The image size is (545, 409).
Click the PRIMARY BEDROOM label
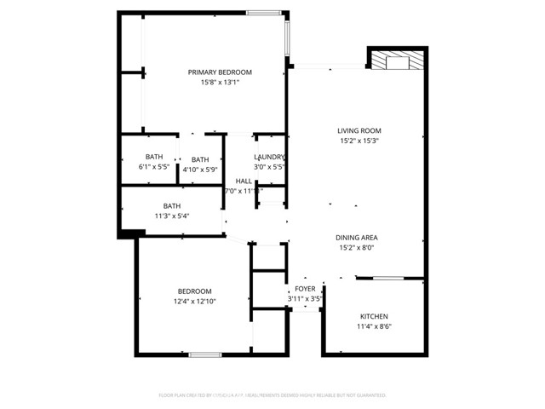coord(220,72)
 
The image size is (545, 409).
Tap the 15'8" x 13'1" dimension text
coord(220,83)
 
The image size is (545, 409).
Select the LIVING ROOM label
coord(359,130)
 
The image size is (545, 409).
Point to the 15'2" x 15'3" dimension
coord(359,141)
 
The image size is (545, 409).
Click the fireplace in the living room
coord(396,60)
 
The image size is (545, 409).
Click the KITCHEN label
coord(375,315)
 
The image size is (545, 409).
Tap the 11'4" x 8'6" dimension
coord(375,326)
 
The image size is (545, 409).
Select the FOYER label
coord(305,289)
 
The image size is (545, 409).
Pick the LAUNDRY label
coord(269,157)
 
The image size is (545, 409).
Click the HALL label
coord(244,181)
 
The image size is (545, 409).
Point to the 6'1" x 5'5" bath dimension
coord(154,167)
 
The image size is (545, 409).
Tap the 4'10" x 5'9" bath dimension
coord(200,170)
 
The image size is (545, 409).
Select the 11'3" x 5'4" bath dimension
coord(172,216)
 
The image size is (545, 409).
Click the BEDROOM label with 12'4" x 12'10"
coord(194,291)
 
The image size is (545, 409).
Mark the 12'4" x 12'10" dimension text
coord(194,302)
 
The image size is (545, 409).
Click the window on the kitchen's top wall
coord(388,278)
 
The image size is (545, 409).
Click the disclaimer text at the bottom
coord(272,395)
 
